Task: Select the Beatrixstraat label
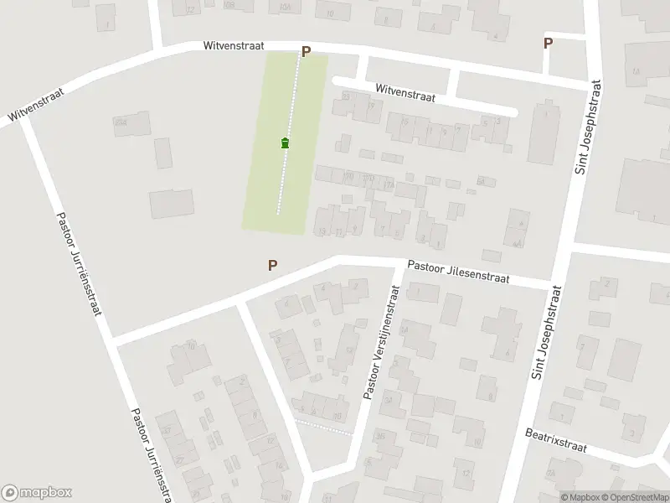(x=555, y=439)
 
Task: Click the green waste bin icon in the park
(x=286, y=143)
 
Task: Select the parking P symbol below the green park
(x=272, y=266)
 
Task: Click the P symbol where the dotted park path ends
(x=306, y=52)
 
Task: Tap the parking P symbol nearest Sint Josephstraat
(x=548, y=44)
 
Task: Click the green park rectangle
(x=268, y=168)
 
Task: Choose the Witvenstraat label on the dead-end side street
(x=405, y=92)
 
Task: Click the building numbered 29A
(x=122, y=123)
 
